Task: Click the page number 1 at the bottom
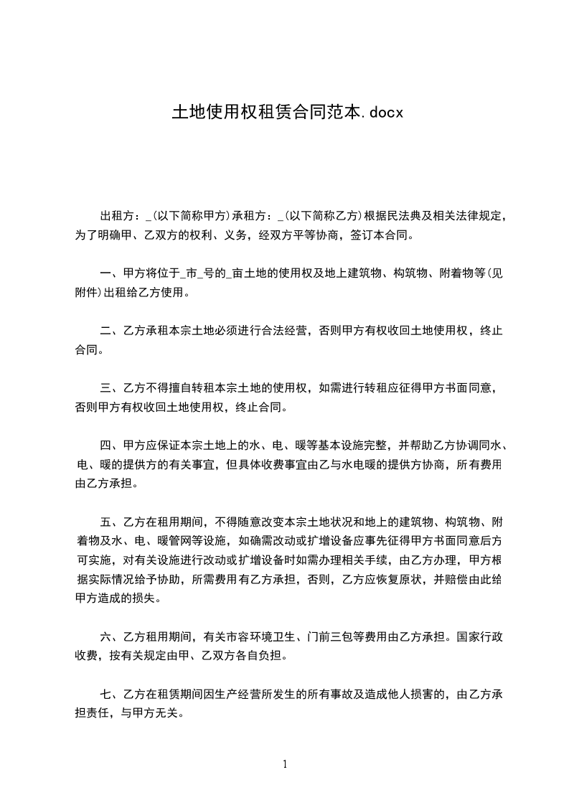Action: (x=285, y=764)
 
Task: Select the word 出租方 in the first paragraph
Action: (x=118, y=215)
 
